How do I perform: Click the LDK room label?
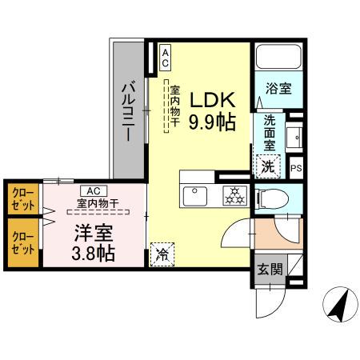[x=211, y=101]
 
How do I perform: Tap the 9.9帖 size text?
[x=211, y=122]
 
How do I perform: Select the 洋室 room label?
[x=94, y=235]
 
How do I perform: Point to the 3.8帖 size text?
[x=94, y=255]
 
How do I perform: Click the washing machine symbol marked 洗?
[x=270, y=167]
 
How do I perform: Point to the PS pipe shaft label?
[x=296, y=168]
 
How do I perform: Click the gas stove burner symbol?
[x=234, y=194]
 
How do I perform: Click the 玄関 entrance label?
[x=270, y=269]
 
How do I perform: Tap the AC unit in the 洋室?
[x=93, y=190]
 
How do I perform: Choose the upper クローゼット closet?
[x=22, y=198]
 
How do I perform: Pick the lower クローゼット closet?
[x=22, y=242]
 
